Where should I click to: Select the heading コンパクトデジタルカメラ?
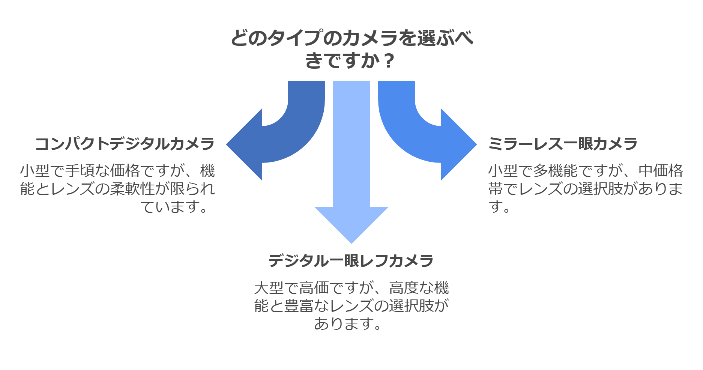[125, 144]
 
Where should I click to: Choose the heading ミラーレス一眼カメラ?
[563, 144]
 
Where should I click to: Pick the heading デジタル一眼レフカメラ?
[351, 261]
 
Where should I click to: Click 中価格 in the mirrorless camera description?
[661, 171]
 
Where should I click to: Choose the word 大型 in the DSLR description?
[269, 288]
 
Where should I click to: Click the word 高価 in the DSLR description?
[314, 288]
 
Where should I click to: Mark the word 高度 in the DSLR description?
[404, 288]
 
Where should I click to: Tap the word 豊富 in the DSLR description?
[299, 306]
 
